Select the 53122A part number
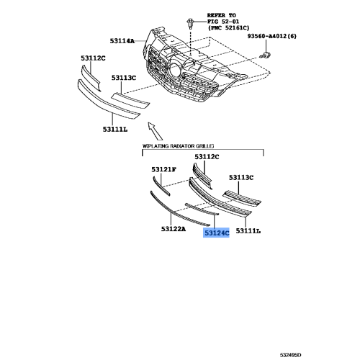click(x=172, y=229)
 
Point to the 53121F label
click(x=163, y=169)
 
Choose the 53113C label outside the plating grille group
click(x=124, y=76)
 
